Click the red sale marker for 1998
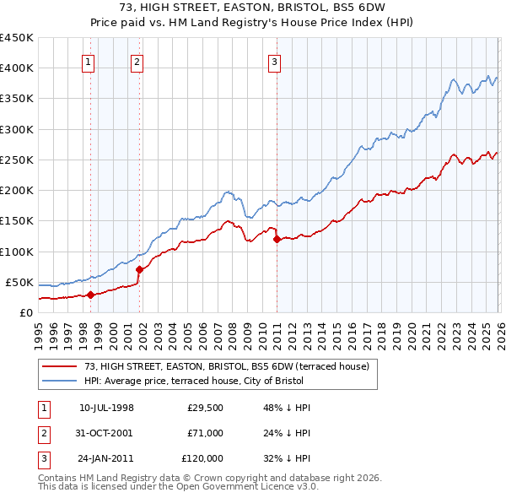click(90, 295)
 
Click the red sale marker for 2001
click(139, 269)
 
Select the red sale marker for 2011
click(277, 239)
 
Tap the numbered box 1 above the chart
click(89, 61)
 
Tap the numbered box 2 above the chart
click(137, 61)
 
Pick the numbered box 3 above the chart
click(275, 61)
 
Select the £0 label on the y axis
click(25, 312)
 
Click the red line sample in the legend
click(61, 366)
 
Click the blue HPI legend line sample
click(61, 381)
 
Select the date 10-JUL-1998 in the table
click(106, 407)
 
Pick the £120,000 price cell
click(202, 458)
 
